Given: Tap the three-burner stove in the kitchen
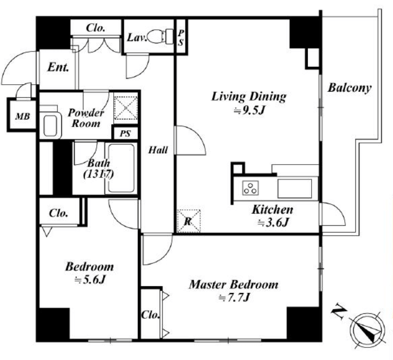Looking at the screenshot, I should pos(250,188).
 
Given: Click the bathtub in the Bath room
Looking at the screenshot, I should pos(120,168).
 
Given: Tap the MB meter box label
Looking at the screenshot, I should pos(21,116).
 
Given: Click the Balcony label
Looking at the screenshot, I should pos(350,88).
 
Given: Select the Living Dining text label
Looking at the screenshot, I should pos(249,96).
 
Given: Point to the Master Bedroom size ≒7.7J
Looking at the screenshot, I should pos(234,298).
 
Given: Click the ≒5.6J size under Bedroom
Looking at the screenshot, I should pos(90,280).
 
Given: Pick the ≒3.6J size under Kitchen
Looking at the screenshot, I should pos(273,222).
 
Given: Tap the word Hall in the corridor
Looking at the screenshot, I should pos(158,150).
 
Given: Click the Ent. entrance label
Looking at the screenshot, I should pos(58,67).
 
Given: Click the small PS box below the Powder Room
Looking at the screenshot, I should pos(125,132).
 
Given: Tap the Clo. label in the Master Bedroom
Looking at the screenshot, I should pos(151,316).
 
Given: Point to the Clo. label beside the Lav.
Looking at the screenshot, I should pos(96,28).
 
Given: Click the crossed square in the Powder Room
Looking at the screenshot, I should pos(125,107).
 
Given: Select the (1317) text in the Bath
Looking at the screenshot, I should pos(98,174).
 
